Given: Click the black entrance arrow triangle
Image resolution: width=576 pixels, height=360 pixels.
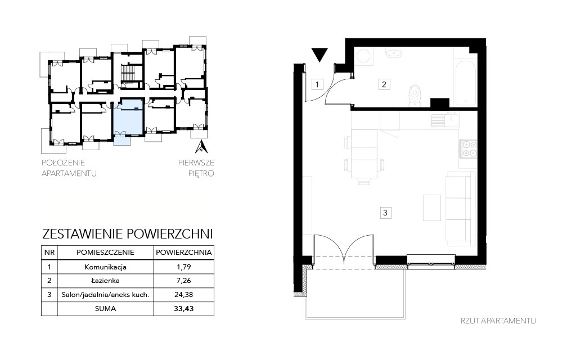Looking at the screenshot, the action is pyautogui.click(x=319, y=55).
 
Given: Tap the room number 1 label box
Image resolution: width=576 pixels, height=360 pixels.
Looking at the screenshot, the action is pyautogui.click(x=317, y=84).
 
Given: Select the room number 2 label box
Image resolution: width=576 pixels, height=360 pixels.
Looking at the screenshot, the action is pyautogui.click(x=384, y=84).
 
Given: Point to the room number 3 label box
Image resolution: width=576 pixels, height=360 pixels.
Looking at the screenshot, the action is pyautogui.click(x=385, y=213).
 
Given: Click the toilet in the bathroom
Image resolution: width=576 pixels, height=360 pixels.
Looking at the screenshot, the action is pyautogui.click(x=415, y=96).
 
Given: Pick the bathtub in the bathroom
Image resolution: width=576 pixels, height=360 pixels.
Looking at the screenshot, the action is pyautogui.click(x=465, y=83).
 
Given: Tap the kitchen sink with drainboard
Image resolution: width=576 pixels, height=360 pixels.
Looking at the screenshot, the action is pyautogui.click(x=445, y=120).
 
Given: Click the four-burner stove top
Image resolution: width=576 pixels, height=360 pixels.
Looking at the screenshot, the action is pyautogui.click(x=469, y=148).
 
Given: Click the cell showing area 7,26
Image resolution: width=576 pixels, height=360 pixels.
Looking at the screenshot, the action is pyautogui.click(x=184, y=281).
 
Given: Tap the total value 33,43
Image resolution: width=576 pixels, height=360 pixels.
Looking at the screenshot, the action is pyautogui.click(x=184, y=309).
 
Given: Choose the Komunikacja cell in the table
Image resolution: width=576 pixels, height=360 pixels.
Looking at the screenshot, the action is pyautogui.click(x=105, y=267).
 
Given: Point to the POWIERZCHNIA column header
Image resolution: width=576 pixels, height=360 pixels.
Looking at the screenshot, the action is pyautogui.click(x=184, y=253).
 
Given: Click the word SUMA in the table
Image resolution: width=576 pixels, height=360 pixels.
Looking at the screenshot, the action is pyautogui.click(x=105, y=309).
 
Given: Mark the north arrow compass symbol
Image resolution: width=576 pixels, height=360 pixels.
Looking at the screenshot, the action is pyautogui.click(x=201, y=146).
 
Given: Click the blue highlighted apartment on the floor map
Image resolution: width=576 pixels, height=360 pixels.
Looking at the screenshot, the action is pyautogui.click(x=127, y=118).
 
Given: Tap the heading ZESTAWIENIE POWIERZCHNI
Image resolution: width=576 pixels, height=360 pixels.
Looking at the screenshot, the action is pyautogui.click(x=128, y=233).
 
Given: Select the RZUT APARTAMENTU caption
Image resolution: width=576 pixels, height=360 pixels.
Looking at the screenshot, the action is pyautogui.click(x=498, y=321).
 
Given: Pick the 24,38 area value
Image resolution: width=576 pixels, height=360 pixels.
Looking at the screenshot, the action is pyautogui.click(x=184, y=295).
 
